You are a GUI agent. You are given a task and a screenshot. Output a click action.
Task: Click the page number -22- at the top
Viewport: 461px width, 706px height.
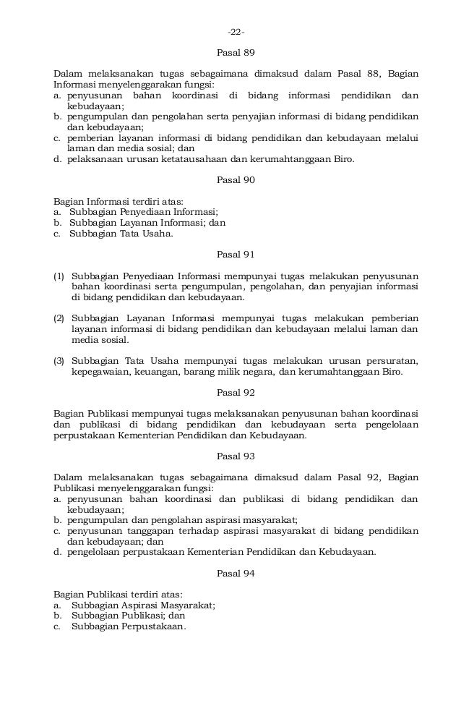point(236,32)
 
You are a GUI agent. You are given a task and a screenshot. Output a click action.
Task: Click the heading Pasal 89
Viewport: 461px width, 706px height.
point(236,53)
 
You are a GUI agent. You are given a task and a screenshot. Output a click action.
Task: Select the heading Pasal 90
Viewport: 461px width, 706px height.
point(236,180)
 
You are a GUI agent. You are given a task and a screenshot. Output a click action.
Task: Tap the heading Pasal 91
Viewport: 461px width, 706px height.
point(236,255)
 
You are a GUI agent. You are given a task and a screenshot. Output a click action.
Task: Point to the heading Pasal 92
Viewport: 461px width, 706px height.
point(236,393)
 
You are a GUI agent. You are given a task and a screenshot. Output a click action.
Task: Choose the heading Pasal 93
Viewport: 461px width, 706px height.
point(236,456)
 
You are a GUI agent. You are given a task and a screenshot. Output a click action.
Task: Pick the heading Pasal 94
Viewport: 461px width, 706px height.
point(236,573)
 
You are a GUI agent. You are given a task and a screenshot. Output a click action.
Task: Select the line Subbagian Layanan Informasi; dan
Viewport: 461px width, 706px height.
point(147,223)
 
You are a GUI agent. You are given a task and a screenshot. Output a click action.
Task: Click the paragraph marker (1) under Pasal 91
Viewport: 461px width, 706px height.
point(59,276)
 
